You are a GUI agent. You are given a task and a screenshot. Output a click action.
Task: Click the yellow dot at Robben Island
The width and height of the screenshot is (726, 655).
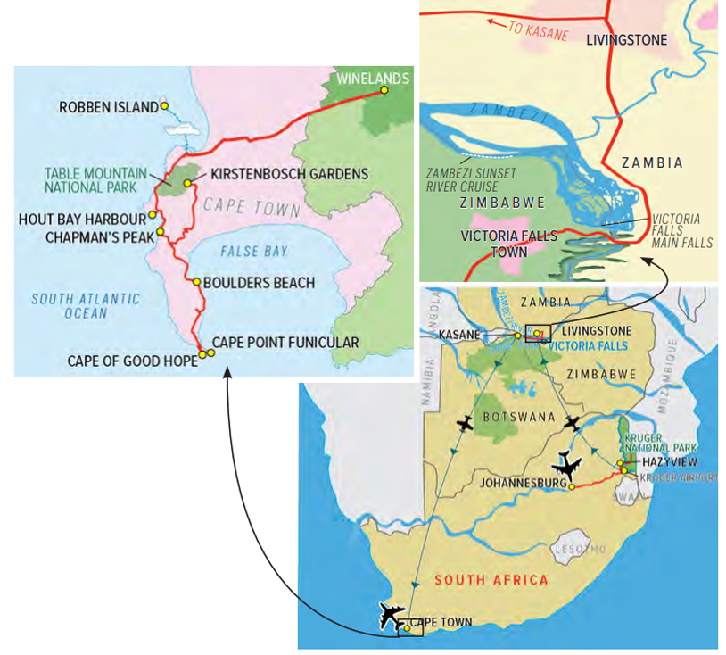pyautogui.click(x=165, y=106)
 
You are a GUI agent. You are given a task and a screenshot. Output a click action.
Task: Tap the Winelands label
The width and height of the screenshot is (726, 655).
pyautogui.click(x=373, y=79)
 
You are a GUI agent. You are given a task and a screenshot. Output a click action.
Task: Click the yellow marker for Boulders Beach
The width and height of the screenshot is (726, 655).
pyautogui.click(x=198, y=282)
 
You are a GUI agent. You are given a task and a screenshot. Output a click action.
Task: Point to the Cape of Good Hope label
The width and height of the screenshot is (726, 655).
pyautogui.click(x=132, y=361)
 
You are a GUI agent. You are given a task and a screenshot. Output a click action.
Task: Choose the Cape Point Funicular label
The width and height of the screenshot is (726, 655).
pyautogui.click(x=285, y=343)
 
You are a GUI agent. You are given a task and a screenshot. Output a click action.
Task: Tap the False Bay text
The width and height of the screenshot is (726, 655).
pyautogui.click(x=255, y=252)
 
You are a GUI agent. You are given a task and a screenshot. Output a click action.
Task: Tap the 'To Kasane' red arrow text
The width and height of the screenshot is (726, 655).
pyautogui.click(x=537, y=29)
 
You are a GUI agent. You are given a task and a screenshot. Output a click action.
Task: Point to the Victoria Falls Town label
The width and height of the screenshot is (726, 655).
pyautogui.click(x=508, y=243)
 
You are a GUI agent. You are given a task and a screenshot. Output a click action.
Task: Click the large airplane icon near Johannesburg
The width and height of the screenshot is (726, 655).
pyautogui.click(x=565, y=466)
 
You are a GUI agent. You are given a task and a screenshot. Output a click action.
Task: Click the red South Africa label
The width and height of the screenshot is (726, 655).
pyautogui.click(x=491, y=580)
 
